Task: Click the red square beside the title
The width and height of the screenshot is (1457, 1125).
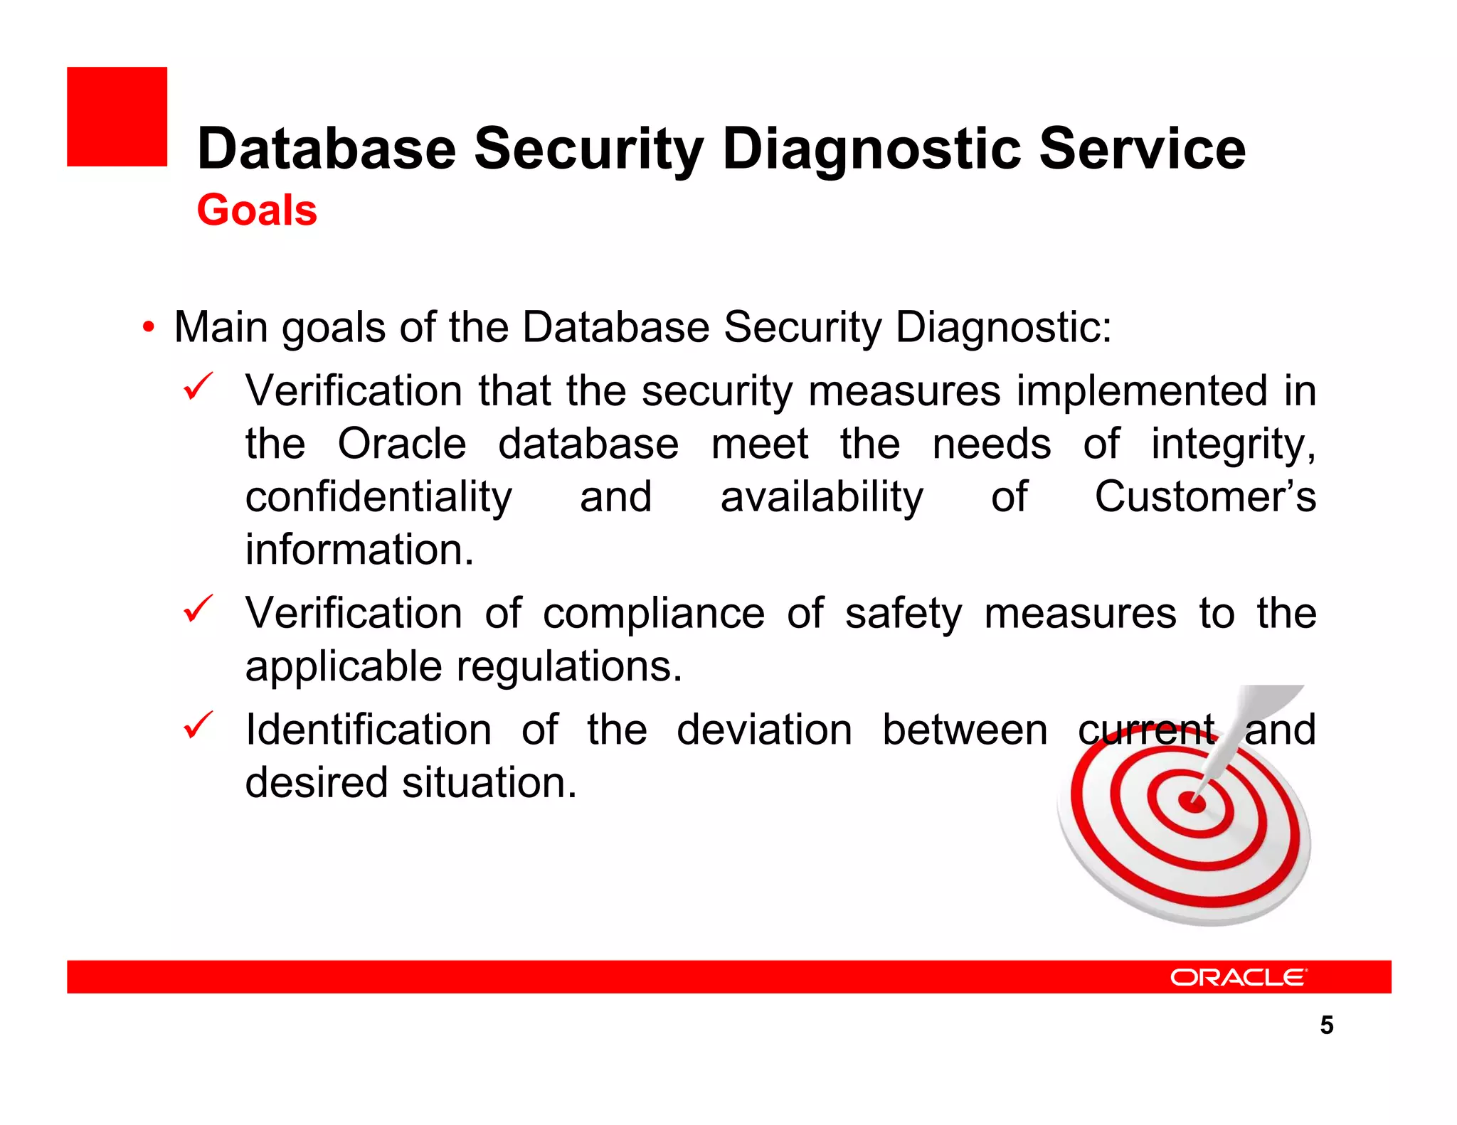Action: (x=117, y=117)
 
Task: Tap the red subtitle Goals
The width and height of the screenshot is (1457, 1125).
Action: (x=257, y=210)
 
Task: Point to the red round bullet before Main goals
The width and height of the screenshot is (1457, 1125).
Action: (x=148, y=328)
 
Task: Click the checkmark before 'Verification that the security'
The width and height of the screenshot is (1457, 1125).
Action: (x=198, y=387)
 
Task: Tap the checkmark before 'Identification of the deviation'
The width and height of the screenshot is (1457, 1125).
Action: (x=198, y=725)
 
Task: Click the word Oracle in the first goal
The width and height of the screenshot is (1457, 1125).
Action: (x=402, y=444)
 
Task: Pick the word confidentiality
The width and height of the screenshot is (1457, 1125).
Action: (x=378, y=497)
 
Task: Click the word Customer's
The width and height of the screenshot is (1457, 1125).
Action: (x=1205, y=497)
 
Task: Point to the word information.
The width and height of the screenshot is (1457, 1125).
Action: (x=359, y=550)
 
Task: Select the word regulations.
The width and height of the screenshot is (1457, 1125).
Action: (x=569, y=667)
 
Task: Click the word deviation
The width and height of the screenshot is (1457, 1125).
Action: (x=764, y=730)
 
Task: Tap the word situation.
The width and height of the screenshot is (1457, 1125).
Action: (x=489, y=783)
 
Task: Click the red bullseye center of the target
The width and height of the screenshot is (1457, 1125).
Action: (x=1192, y=803)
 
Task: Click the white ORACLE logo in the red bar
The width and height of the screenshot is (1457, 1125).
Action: (x=1238, y=978)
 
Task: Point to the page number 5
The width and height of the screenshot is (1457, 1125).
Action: (x=1326, y=1025)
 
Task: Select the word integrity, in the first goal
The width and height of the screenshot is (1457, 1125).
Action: (x=1234, y=444)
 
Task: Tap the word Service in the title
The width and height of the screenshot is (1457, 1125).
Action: (x=1143, y=149)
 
